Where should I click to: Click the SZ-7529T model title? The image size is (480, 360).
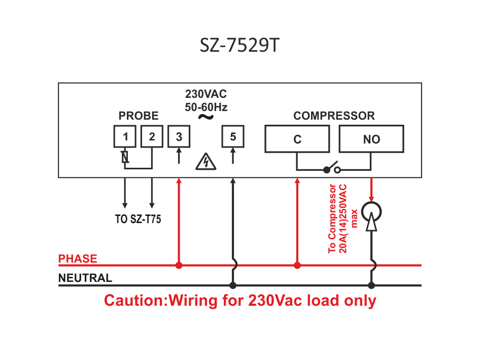tap(239, 45)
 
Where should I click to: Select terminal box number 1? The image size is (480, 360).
tap(125, 136)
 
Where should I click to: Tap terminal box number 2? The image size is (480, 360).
tap(152, 136)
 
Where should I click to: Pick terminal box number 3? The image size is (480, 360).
tap(179, 136)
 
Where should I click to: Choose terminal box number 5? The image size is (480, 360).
tap(233, 136)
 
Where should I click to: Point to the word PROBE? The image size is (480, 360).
tap(139, 116)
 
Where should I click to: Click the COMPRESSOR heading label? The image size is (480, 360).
tap(334, 116)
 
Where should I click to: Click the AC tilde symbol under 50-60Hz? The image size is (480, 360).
tap(205, 117)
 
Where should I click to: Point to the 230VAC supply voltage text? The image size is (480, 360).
tap(206, 94)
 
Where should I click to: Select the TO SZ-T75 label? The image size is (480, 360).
tap(138, 219)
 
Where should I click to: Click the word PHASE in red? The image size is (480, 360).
tap(78, 259)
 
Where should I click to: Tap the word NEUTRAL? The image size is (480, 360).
tap(85, 278)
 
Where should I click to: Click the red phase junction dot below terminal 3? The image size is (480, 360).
tap(179, 266)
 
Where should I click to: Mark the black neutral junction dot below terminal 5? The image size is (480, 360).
tap(233, 285)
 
